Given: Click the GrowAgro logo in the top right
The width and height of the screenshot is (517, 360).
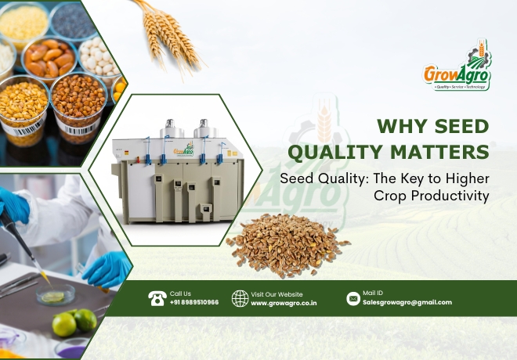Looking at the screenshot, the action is pyautogui.click(x=457, y=65).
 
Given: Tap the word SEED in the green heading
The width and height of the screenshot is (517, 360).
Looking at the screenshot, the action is pyautogui.click(x=461, y=127).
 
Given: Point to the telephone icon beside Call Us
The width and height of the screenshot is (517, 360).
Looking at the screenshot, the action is pyautogui.click(x=157, y=298).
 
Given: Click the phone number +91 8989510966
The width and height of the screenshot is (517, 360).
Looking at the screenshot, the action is pyautogui.click(x=194, y=302).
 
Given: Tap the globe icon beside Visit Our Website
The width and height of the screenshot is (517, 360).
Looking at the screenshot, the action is pyautogui.click(x=240, y=298).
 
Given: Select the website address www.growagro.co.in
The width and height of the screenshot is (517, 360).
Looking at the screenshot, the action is pyautogui.click(x=284, y=304).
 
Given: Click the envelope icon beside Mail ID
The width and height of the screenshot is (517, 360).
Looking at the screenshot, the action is pyautogui.click(x=353, y=299).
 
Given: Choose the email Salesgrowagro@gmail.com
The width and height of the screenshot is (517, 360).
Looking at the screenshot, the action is pyautogui.click(x=407, y=302).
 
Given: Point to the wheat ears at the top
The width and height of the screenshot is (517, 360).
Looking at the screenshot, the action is pyautogui.click(x=170, y=36).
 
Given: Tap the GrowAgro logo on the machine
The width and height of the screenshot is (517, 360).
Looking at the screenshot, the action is pyautogui.click(x=183, y=150).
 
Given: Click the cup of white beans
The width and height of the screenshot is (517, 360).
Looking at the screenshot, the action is pyautogui.click(x=99, y=59).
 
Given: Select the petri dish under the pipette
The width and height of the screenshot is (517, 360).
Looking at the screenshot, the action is pyautogui.click(x=56, y=294).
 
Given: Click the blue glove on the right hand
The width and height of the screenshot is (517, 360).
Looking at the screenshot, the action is pyautogui.click(x=107, y=269).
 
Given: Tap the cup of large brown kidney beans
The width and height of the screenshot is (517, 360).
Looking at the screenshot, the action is pyautogui.click(x=49, y=59).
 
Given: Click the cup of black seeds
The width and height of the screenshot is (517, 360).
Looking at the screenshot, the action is pyautogui.click(x=73, y=20).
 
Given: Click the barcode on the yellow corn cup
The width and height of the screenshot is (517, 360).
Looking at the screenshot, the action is pyautogui.click(x=27, y=128).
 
